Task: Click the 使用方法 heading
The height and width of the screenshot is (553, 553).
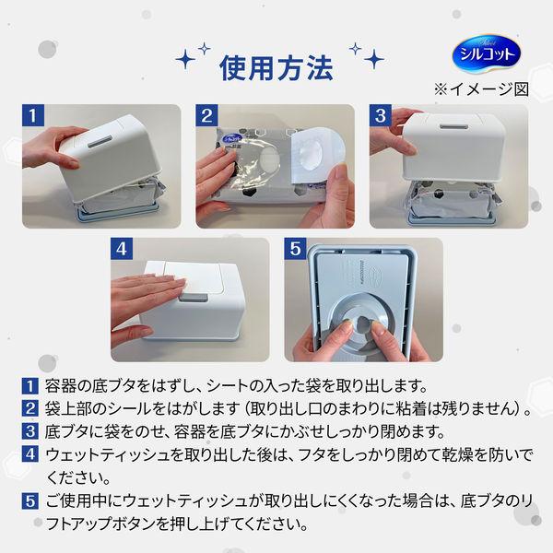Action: coord(276,68)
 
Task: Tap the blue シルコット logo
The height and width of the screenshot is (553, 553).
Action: coord(486,53)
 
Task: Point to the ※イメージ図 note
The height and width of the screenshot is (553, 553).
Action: coord(481,89)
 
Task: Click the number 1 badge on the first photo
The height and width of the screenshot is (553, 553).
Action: coord(33,115)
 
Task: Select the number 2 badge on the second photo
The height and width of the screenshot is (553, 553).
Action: coord(206,115)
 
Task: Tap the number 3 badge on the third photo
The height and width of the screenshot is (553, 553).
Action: coord(380,115)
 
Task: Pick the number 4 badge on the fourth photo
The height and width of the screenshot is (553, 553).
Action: coord(122,249)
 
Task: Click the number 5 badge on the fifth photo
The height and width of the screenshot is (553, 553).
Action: coord(295,249)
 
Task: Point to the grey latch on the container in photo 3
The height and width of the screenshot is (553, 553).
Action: coord(453,126)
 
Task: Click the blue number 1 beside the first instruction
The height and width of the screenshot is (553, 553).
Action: coord(29,386)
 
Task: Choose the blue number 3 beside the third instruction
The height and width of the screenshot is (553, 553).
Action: coord(29,431)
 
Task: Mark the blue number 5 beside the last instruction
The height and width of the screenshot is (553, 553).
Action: coord(29,500)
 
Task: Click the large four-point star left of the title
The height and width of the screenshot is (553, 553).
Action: coord(185,59)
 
